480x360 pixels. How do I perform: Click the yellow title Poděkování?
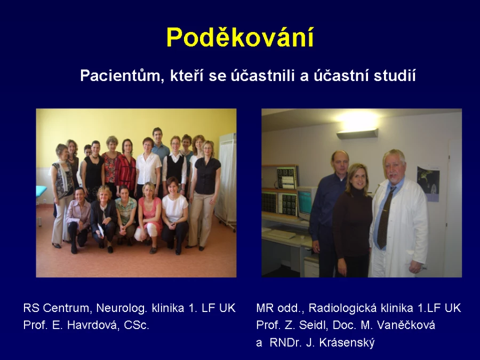(x=240, y=38)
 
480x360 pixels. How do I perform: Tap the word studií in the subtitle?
(x=395, y=75)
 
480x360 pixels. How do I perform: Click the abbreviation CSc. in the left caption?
(x=137, y=325)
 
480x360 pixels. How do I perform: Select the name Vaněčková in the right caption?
(x=406, y=325)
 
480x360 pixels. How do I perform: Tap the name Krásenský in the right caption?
(x=347, y=342)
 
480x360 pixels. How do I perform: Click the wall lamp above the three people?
(x=357, y=133)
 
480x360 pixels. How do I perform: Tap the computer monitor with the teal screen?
(x=307, y=202)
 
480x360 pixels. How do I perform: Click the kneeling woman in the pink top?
(x=149, y=218)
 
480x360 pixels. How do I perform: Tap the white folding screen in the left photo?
(x=226, y=181)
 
